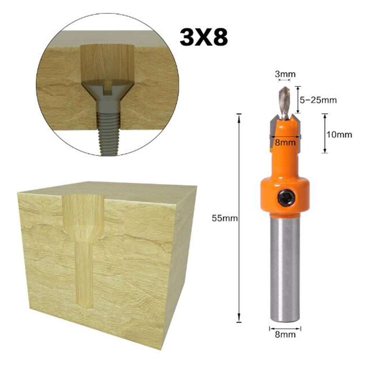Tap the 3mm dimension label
coord(285,74)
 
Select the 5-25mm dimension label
coord(318,100)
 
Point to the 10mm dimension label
coord(339,135)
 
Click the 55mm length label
coord(225,219)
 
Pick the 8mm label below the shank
coord(285,334)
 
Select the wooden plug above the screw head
coord(107,62)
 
